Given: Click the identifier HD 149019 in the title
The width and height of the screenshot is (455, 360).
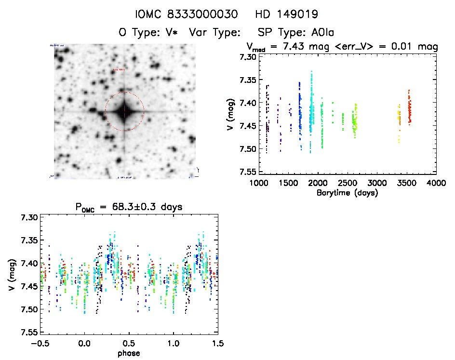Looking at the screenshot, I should tap(288, 14).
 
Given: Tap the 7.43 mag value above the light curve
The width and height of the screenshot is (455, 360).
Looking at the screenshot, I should tap(291, 47).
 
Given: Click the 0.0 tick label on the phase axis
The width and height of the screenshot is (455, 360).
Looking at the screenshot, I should tap(84, 344).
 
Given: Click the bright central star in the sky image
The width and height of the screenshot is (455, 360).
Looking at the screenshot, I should tap(124, 111).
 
